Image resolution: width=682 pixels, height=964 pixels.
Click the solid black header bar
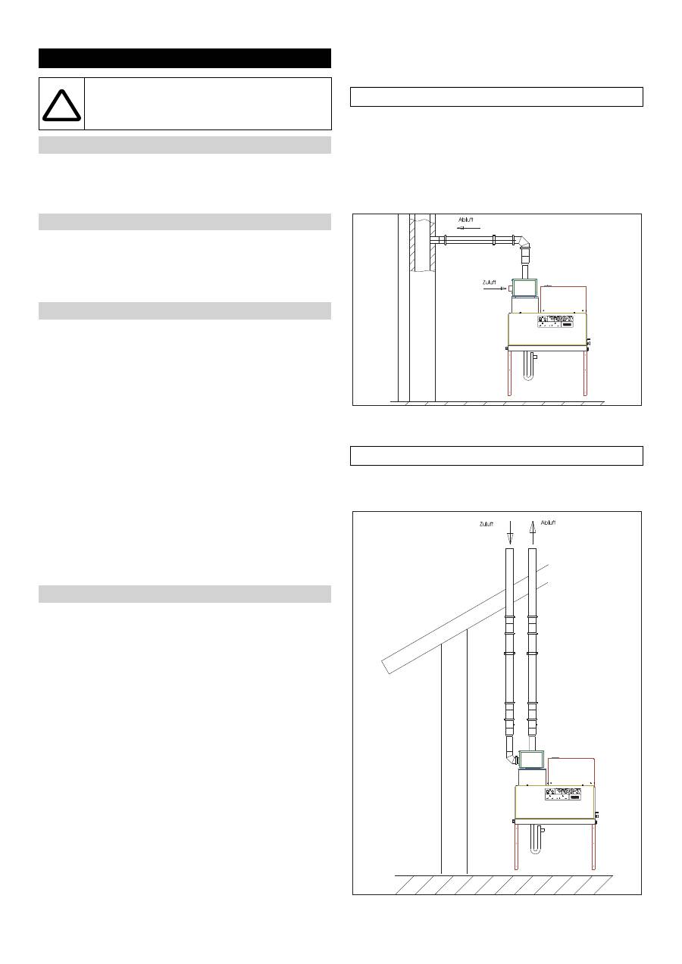[x=185, y=58]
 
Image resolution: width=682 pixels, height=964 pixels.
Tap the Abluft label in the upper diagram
[x=466, y=220]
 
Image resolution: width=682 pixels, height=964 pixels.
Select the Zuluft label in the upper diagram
[x=489, y=282]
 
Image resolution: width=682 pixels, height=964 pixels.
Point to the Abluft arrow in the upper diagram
[x=468, y=228]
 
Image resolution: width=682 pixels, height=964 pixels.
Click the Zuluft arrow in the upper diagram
[x=495, y=289]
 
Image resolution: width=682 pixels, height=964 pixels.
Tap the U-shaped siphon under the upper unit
[x=529, y=367]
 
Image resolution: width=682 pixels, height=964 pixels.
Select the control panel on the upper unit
[x=555, y=322]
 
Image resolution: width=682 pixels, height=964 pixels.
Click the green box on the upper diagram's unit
[x=524, y=288]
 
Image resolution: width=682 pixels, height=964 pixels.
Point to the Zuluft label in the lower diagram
[x=486, y=524]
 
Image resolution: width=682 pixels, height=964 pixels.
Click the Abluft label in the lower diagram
[x=548, y=523]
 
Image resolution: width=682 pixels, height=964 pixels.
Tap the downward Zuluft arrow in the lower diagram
[x=510, y=532]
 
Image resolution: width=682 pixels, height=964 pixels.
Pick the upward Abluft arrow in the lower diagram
[x=533, y=532]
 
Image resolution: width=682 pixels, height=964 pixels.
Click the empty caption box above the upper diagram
[x=496, y=97]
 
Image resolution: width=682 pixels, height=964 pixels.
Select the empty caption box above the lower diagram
[x=496, y=456]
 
